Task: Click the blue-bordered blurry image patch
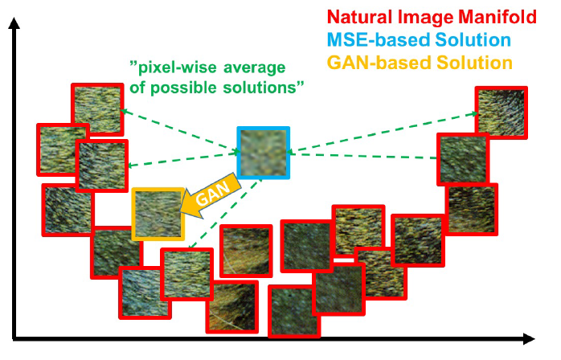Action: (x=264, y=153)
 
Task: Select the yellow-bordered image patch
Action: (x=158, y=214)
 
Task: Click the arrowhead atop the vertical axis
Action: (x=14, y=22)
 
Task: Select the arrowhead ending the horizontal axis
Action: (x=529, y=338)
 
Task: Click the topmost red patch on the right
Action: (x=502, y=112)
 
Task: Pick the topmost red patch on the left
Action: (x=97, y=109)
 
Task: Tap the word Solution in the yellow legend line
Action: (x=474, y=63)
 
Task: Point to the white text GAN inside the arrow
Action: (x=213, y=193)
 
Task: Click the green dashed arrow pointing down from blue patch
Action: (x=225, y=213)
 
